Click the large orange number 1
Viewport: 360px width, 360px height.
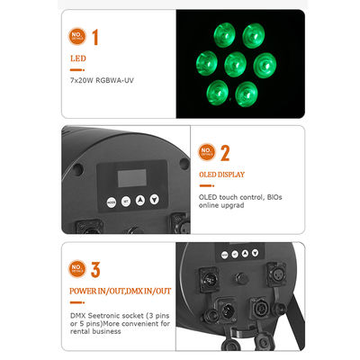(94, 37)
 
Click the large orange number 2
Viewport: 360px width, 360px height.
(225, 152)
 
